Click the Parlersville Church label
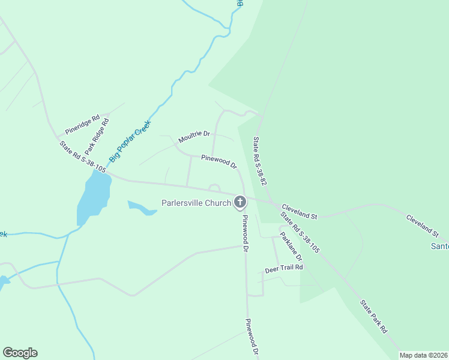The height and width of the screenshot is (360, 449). tap(196, 203)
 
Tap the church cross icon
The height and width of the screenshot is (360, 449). tap(240, 202)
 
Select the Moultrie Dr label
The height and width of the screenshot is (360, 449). tap(194, 138)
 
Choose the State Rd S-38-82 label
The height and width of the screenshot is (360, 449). tap(259, 160)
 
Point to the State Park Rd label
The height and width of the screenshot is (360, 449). tap(373, 316)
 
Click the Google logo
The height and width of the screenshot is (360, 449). tap(20, 353)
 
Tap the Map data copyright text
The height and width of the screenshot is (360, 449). tap(423, 355)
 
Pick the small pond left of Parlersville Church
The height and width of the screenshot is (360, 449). tap(142, 208)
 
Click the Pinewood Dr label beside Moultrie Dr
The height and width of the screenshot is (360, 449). tap(219, 161)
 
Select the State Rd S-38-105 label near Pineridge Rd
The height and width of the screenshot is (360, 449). tap(83, 157)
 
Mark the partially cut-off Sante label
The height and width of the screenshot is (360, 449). tap(440, 246)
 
